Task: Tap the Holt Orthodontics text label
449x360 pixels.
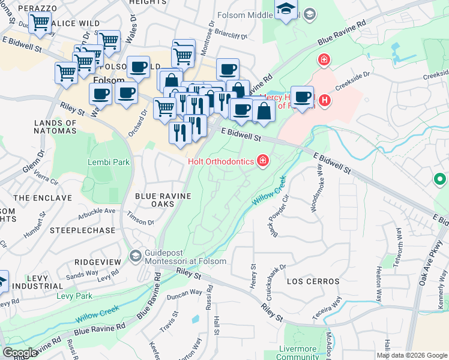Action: tap(221, 161)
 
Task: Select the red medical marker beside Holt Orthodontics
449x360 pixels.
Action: tap(262, 160)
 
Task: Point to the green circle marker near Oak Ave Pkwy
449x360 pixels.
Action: tap(440, 179)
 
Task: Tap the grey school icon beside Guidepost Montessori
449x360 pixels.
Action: tap(134, 256)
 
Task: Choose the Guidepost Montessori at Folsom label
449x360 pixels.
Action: tap(184, 257)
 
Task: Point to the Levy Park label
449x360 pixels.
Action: tap(74, 296)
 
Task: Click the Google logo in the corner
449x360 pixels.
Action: tap(20, 352)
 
